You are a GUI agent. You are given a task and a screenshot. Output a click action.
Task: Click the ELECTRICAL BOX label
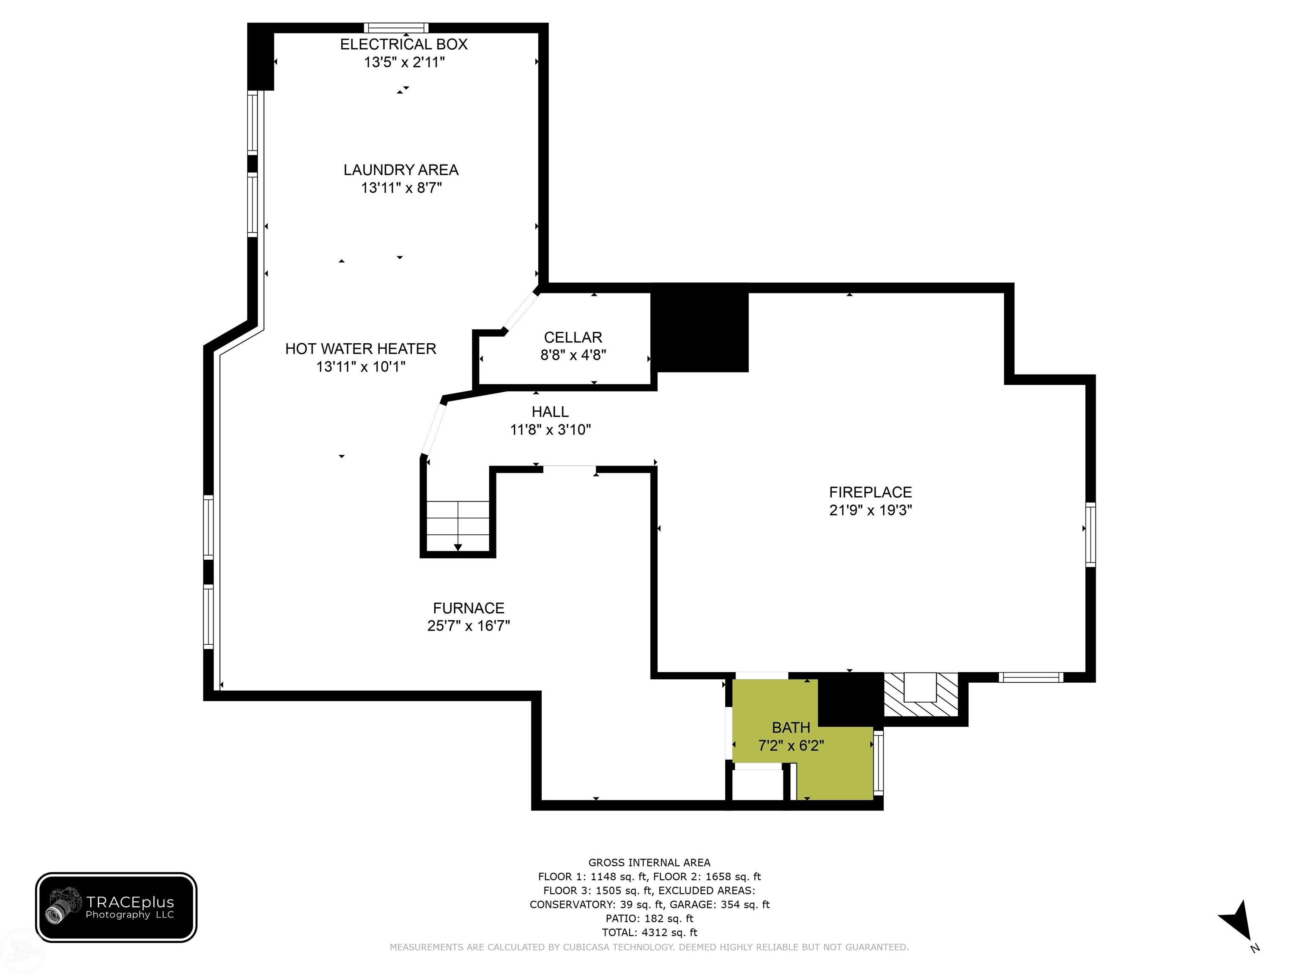pyautogui.click(x=403, y=44)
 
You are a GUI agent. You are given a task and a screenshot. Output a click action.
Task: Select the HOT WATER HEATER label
pyautogui.click(x=361, y=349)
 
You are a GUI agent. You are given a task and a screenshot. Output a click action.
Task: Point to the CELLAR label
pyautogui.click(x=573, y=338)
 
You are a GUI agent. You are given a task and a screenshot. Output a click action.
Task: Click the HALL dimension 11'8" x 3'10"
pyautogui.click(x=550, y=430)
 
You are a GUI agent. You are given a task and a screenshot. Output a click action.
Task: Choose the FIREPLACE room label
pyautogui.click(x=870, y=492)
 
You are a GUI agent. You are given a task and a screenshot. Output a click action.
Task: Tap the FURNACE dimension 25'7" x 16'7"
pyautogui.click(x=469, y=626)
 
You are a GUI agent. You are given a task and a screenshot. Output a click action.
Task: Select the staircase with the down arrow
pyautogui.click(x=458, y=525)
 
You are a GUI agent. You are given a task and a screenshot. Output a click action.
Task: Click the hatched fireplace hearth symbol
pyautogui.click(x=921, y=695)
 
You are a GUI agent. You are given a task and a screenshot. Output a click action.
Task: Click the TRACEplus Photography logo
pyautogui.click(x=116, y=908)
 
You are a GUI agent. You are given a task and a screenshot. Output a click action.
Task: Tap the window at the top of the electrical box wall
pyautogui.click(x=396, y=27)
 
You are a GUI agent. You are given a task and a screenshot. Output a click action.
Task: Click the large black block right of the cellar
pyautogui.click(x=699, y=332)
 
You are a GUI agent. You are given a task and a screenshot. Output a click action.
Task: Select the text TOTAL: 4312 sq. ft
pyautogui.click(x=649, y=932)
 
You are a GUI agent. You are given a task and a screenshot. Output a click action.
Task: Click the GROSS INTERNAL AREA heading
pyautogui.click(x=649, y=862)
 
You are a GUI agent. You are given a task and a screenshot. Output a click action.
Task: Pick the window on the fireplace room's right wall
pyautogui.click(x=1091, y=534)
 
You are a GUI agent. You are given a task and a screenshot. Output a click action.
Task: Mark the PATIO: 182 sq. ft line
pyautogui.click(x=649, y=918)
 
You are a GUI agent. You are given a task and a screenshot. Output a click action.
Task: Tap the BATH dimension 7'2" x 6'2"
pyautogui.click(x=791, y=746)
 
